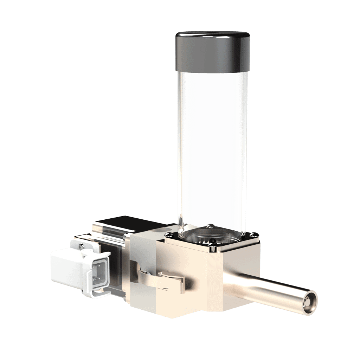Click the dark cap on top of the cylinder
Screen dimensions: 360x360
pos(213,53)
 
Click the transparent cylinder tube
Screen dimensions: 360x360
pos(213,148)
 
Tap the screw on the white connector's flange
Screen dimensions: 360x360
pos(82,245)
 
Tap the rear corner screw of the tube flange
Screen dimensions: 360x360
pos(210,225)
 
